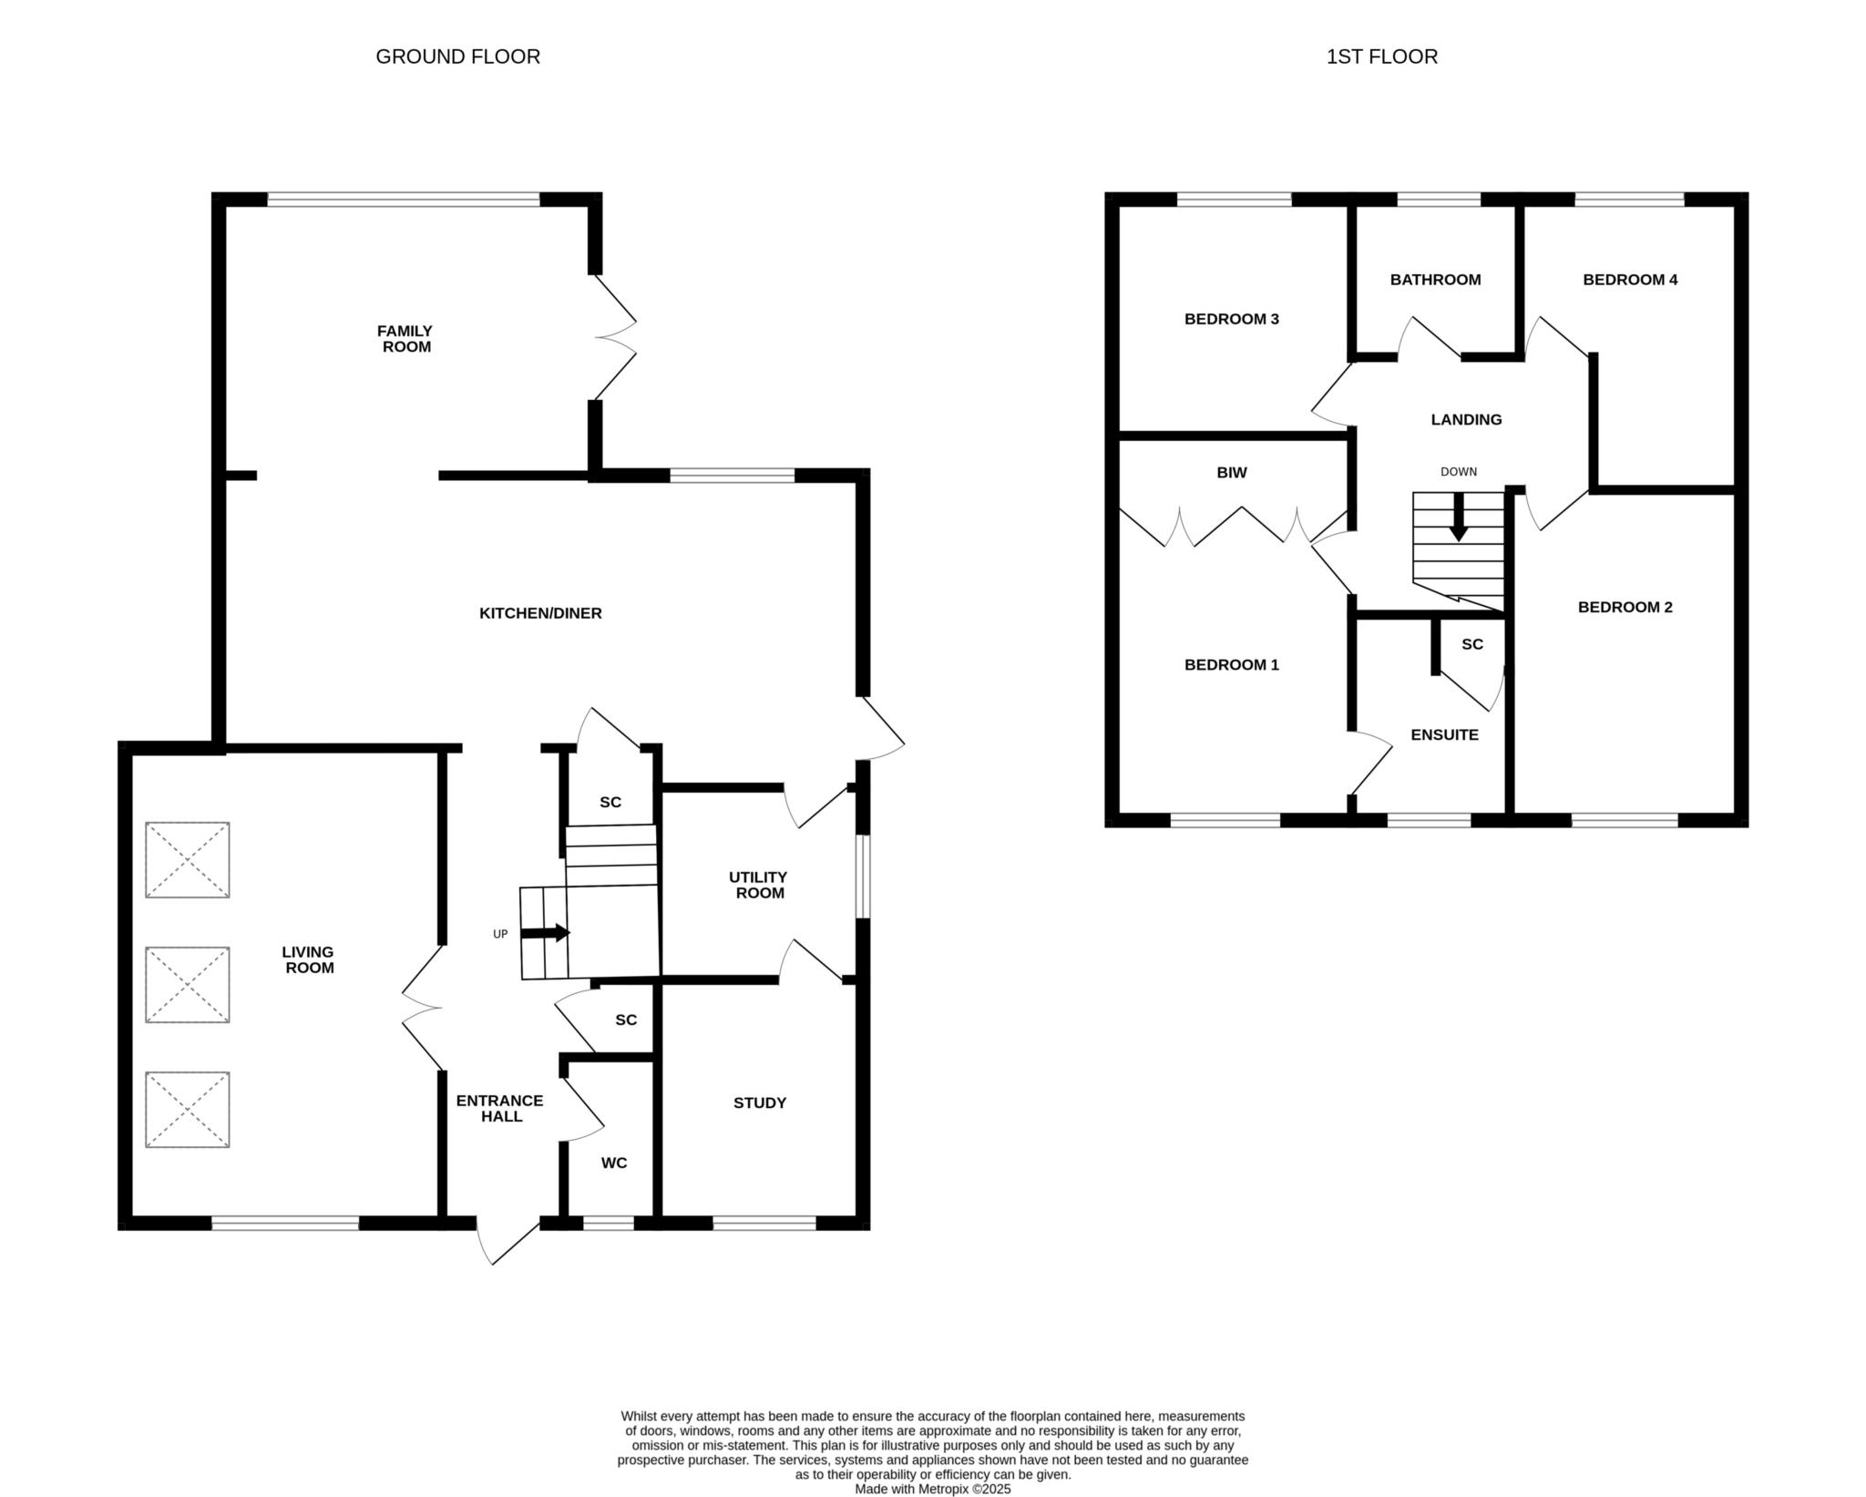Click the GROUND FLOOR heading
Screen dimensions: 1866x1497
(457, 56)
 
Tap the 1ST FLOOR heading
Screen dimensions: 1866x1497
(1381, 56)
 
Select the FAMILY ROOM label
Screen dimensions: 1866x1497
(406, 338)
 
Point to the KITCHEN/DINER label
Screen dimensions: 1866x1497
(540, 613)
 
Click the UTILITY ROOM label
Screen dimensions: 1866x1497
(758, 885)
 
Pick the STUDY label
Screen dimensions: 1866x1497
(760, 1102)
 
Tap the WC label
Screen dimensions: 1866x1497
(614, 1164)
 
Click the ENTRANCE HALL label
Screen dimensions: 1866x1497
(499, 1108)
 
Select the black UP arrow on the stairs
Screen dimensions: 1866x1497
(545, 933)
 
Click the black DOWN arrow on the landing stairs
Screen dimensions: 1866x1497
(1459, 518)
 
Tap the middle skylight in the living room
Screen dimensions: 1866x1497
(188, 985)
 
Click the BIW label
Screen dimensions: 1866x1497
(1232, 473)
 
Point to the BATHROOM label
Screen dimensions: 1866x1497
(1435, 280)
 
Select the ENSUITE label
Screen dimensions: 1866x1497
(1444, 735)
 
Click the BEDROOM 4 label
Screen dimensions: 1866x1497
(1630, 280)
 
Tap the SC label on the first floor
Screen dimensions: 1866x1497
(1472, 644)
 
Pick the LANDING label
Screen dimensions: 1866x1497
(1466, 420)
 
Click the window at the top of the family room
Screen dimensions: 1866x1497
(404, 200)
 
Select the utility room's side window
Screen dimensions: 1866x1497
(862, 877)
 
